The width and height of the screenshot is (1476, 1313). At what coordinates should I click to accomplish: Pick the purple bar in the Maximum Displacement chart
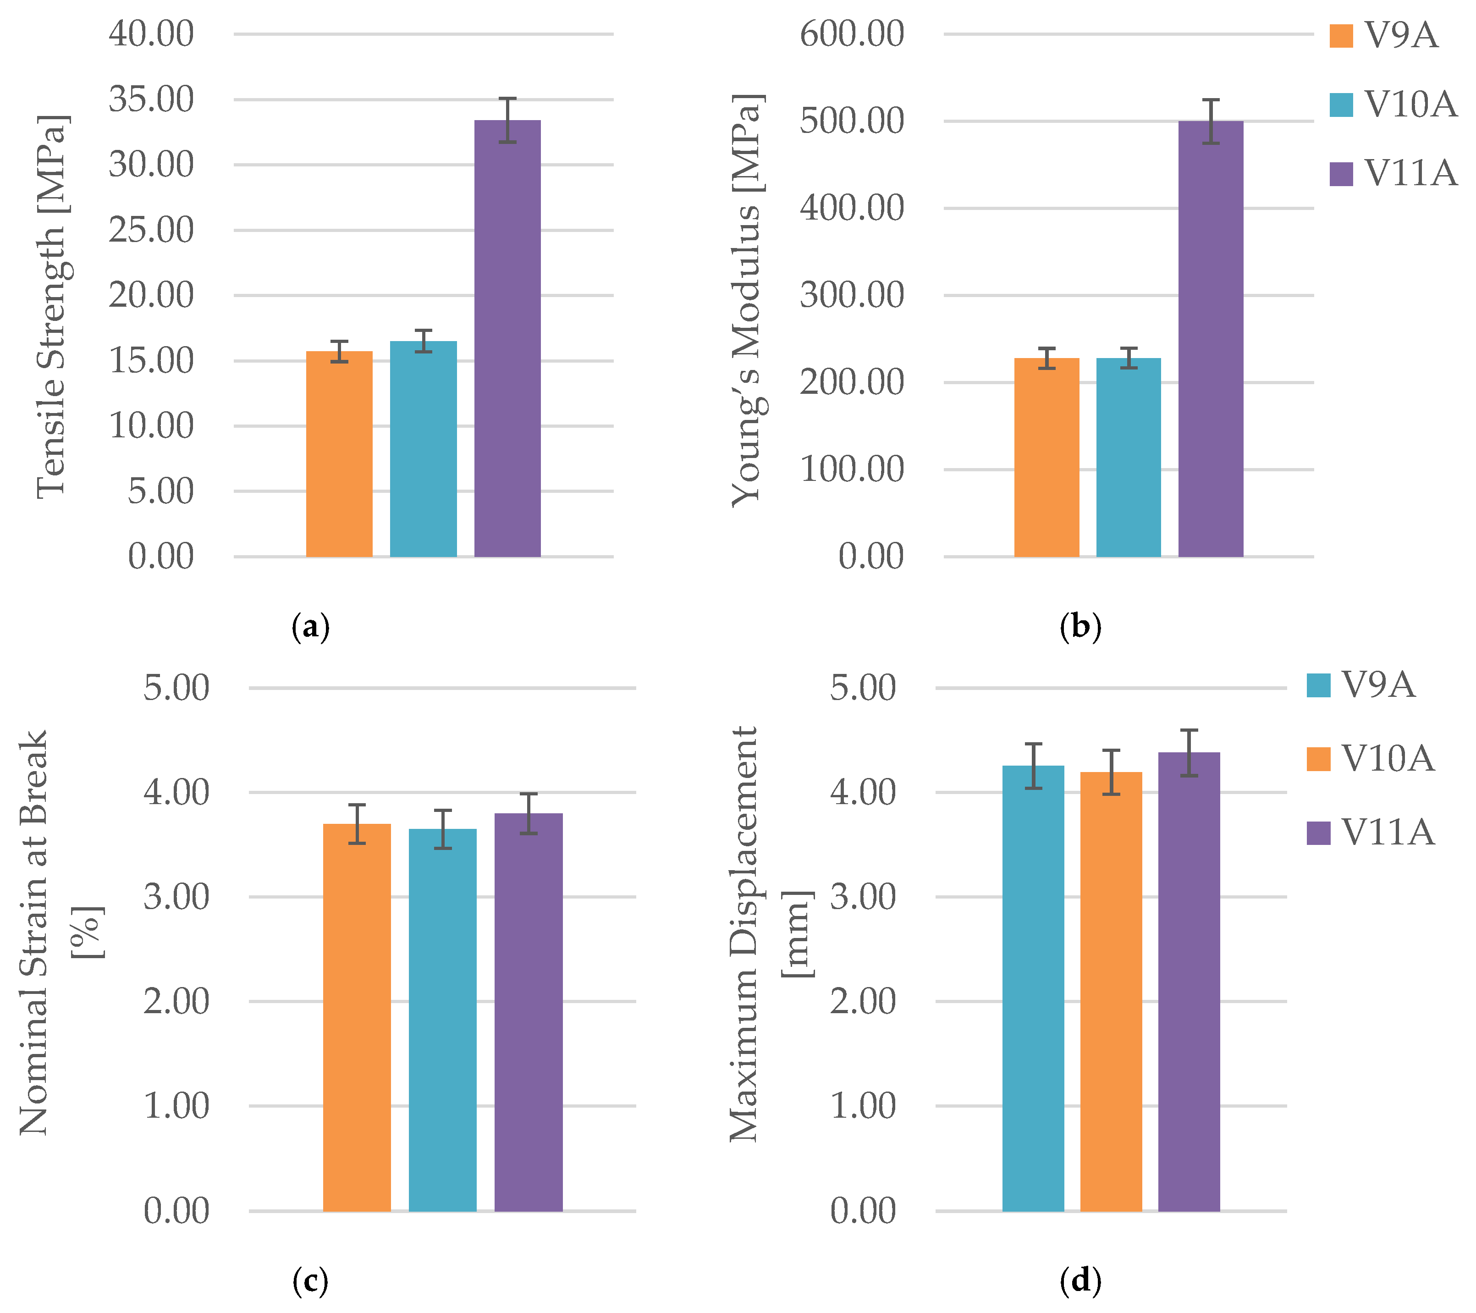point(1189,982)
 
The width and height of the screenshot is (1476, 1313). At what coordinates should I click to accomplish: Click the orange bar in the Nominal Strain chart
point(357,1018)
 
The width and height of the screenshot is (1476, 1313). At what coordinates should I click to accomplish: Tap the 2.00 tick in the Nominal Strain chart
point(176,1002)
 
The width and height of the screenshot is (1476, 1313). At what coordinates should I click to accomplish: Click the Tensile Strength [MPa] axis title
point(52,307)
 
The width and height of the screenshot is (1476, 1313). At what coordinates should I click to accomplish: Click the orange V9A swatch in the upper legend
point(1341,36)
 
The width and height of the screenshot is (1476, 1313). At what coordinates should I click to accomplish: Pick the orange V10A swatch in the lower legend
point(1319,759)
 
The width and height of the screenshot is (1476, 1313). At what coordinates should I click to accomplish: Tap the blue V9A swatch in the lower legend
point(1319,684)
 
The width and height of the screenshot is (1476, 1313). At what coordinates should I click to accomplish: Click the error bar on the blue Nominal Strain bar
point(443,829)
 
